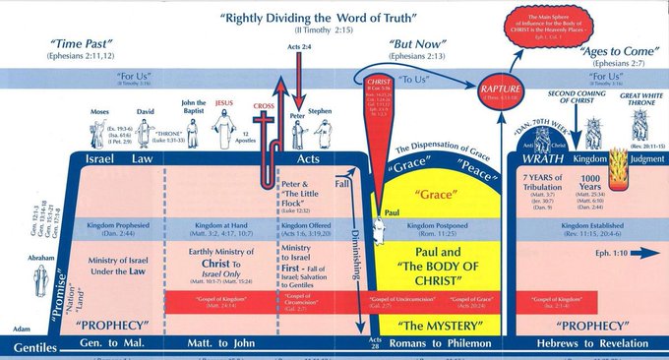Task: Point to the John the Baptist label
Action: click(194, 106)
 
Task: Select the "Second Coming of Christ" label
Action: click(574, 95)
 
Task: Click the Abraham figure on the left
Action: click(39, 285)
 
